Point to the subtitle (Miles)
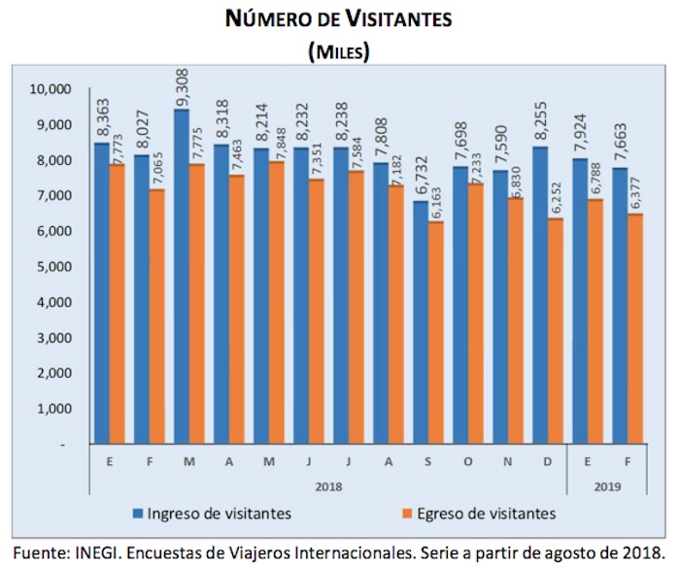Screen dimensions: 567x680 (338, 50)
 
